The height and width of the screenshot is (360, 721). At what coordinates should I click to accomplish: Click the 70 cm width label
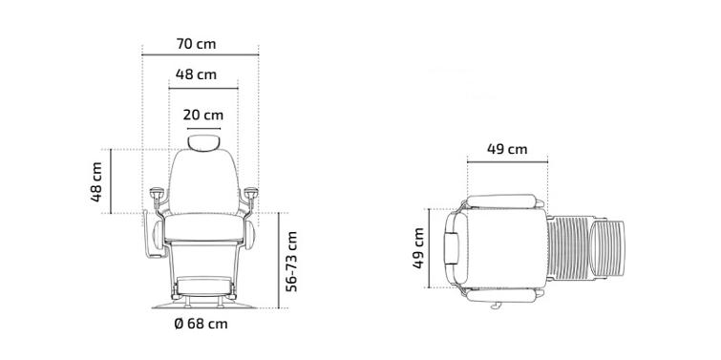196,44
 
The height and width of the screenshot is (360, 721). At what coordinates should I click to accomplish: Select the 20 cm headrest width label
203,115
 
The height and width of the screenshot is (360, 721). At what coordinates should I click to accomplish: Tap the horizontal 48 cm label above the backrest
196,74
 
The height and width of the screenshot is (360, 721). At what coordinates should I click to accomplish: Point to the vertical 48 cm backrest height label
96,181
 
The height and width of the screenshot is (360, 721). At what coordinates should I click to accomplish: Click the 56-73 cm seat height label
291,261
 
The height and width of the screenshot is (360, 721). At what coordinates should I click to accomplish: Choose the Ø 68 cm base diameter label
201,324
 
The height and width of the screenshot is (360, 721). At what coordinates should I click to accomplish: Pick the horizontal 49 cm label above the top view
507,149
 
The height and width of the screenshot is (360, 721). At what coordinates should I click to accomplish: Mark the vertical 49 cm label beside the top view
418,248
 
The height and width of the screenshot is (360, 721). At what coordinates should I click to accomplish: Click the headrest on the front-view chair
203,142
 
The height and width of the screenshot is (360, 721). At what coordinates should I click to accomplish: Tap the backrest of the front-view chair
203,181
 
